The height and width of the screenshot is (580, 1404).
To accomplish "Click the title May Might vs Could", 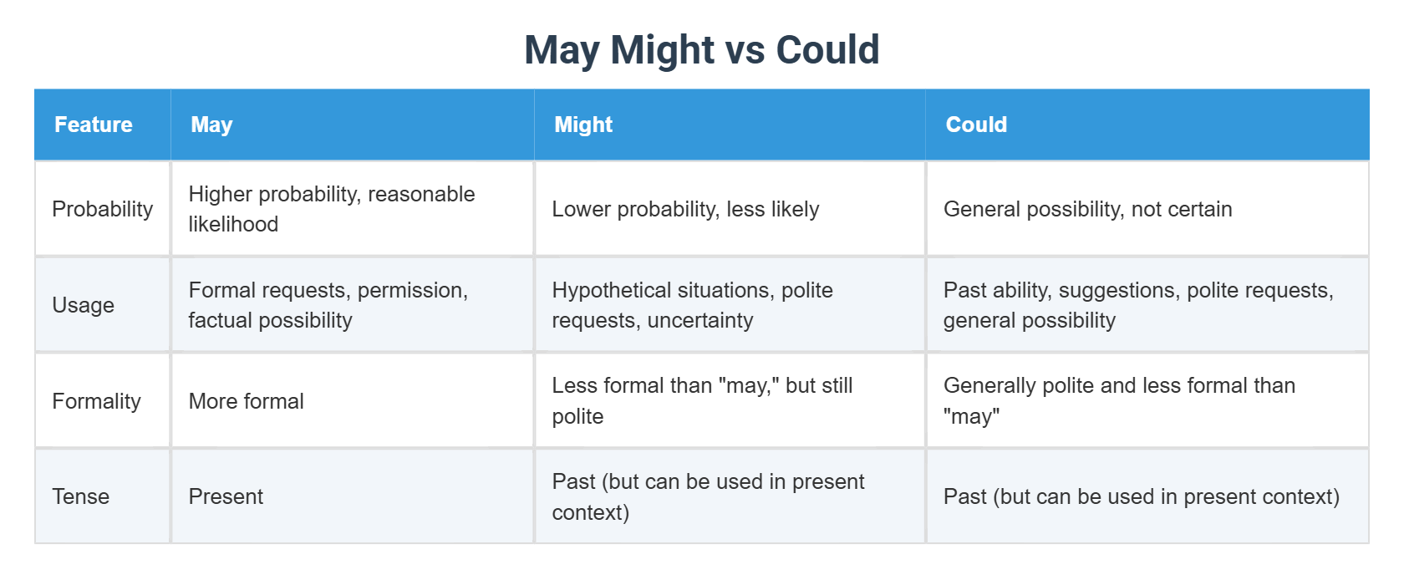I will click(701, 50).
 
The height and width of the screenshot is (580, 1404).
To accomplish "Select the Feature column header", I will click(94, 125).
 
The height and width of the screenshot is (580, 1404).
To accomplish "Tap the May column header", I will click(211, 125).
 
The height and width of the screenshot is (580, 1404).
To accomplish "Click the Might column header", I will click(583, 125).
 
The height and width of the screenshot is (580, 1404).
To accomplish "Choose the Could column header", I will click(976, 125).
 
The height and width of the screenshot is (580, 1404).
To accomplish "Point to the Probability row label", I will click(102, 209).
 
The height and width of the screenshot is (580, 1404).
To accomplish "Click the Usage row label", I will click(83, 305).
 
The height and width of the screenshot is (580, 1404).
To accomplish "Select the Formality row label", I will click(96, 401).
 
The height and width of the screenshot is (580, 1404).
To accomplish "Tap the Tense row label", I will click(80, 496).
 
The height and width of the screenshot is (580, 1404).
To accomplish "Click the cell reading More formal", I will click(246, 401).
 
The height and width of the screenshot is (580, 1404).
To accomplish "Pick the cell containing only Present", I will click(226, 496).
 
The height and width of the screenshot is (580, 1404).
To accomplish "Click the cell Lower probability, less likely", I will click(685, 209).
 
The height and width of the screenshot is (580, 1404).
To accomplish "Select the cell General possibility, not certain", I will click(1087, 209).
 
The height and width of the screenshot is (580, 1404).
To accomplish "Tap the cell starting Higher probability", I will click(331, 209).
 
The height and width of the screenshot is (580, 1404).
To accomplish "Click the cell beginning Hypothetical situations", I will click(692, 305).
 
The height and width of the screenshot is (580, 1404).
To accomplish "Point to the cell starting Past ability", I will click(1137, 305).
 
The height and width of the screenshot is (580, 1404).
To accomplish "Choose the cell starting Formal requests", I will click(328, 305).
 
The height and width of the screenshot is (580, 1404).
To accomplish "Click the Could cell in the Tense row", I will click(1141, 496).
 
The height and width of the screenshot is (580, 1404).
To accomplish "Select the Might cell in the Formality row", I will click(702, 401).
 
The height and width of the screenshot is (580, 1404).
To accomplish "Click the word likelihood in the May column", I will click(233, 224).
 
